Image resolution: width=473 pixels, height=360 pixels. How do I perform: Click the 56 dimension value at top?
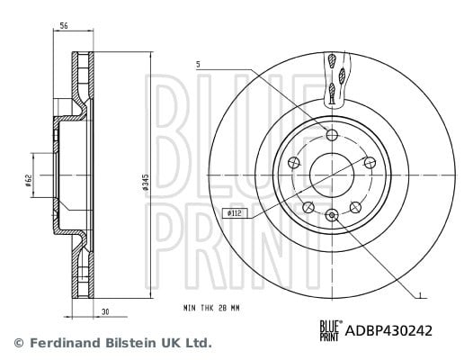click(63, 26)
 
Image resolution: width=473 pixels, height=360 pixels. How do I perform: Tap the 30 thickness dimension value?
click(104, 312)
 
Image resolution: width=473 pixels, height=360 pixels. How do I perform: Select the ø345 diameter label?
click(146, 182)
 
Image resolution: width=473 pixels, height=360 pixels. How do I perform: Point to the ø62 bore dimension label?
click(29, 180)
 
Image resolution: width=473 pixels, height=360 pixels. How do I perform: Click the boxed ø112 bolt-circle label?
click(234, 213)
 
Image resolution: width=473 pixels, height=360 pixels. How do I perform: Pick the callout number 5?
click(198, 64)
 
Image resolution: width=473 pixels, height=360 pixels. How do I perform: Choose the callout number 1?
click(420, 294)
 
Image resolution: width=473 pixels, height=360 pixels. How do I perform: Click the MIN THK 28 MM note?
click(211, 308)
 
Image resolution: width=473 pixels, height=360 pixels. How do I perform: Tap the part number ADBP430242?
click(388, 330)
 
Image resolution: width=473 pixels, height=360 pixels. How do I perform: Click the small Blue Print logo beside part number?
click(331, 330)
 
